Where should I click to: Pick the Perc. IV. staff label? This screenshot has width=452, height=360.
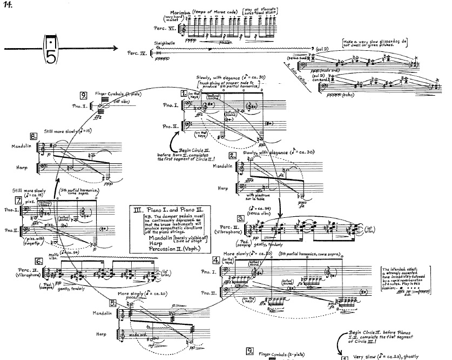136,54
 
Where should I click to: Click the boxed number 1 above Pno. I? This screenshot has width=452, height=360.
184,92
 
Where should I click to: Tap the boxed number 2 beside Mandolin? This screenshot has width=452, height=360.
231,155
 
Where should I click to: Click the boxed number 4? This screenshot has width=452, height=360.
216,260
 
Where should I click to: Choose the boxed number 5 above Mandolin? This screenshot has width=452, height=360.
113,303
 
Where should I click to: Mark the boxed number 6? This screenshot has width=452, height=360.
39,260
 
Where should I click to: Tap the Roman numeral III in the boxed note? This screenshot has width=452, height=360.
137,210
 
